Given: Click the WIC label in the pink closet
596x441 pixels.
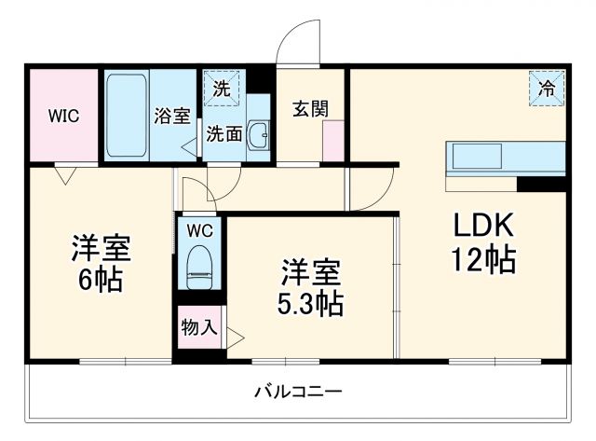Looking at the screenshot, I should coord(64,117).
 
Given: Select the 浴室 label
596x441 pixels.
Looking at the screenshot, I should coord(172,117).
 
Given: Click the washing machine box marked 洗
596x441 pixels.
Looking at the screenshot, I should coord(221,90).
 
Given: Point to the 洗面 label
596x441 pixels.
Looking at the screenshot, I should coord(224,133).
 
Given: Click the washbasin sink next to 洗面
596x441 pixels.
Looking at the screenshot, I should coord(258,136).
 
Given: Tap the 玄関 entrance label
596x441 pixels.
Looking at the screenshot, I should coord(310,108).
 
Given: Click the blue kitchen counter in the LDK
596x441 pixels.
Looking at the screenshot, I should coord(507,158).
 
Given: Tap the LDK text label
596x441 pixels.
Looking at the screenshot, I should coord(483,227).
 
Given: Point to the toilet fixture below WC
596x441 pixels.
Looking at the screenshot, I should coord(200,266).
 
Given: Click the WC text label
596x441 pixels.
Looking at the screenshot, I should coord(200,230).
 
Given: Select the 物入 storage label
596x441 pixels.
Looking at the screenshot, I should coord(199,327).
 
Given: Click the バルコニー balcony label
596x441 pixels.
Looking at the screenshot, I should coord(298,391).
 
